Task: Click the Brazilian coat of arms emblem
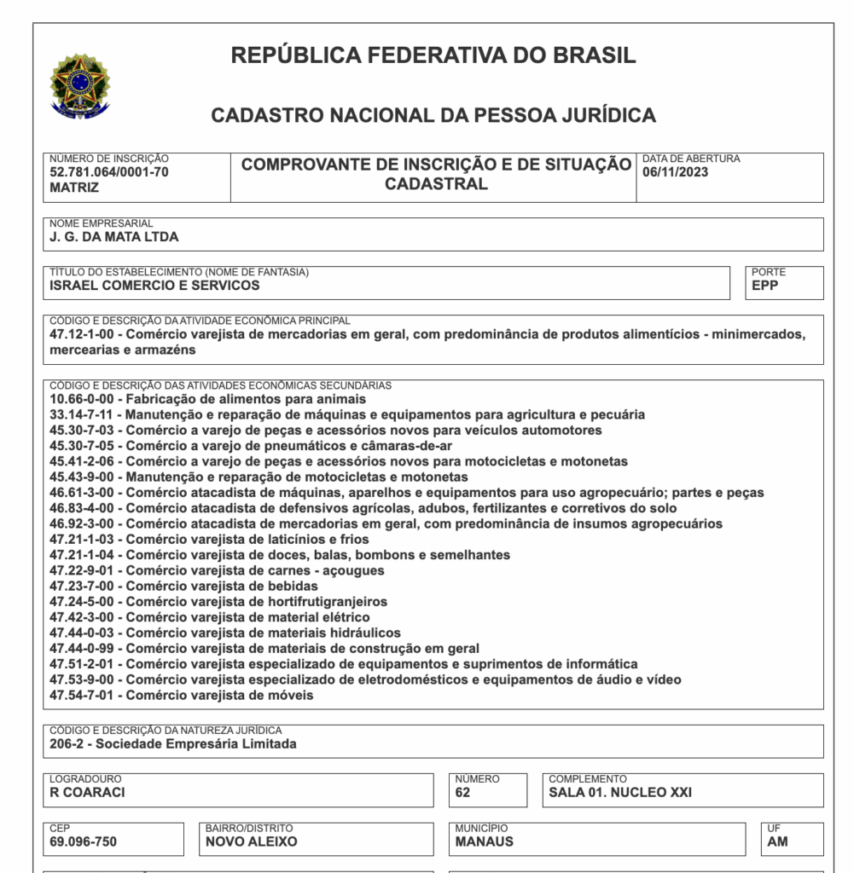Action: pos(79,85)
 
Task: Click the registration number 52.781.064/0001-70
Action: pos(108,172)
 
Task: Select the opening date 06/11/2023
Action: pos(675,172)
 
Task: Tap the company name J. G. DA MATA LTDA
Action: pos(114,237)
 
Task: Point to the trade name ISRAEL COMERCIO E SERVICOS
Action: pos(154,286)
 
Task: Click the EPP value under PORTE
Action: pos(764,286)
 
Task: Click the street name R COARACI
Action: pos(87,792)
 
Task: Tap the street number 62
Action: pos(462,792)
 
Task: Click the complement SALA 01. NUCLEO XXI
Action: pos(620,792)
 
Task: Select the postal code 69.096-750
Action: pos(83,841)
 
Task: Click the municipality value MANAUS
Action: pos(485,841)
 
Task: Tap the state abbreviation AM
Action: pos(777,841)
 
